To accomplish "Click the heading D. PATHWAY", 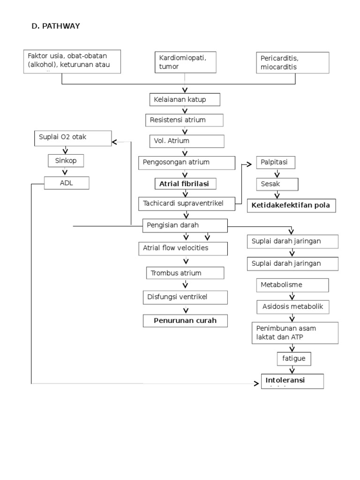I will click(x=55, y=26).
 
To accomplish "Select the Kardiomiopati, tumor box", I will click(x=186, y=62).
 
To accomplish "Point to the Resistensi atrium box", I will click(x=184, y=120).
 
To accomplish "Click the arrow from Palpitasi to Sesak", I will click(x=277, y=173).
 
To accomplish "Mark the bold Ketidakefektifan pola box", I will click(x=291, y=206).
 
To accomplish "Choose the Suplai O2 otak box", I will click(x=73, y=137).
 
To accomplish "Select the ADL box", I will click(x=66, y=183).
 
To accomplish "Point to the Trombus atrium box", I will click(x=185, y=273).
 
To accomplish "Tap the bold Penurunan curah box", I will click(x=185, y=321).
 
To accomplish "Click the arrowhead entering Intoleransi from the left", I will click(x=256, y=383).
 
